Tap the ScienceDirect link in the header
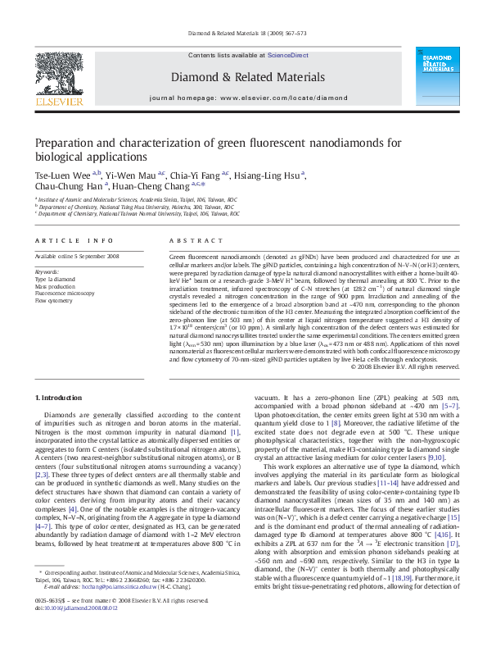[287, 54]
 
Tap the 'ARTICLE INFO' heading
[74, 240]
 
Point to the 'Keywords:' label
[47, 271]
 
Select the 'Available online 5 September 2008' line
[77, 257]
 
